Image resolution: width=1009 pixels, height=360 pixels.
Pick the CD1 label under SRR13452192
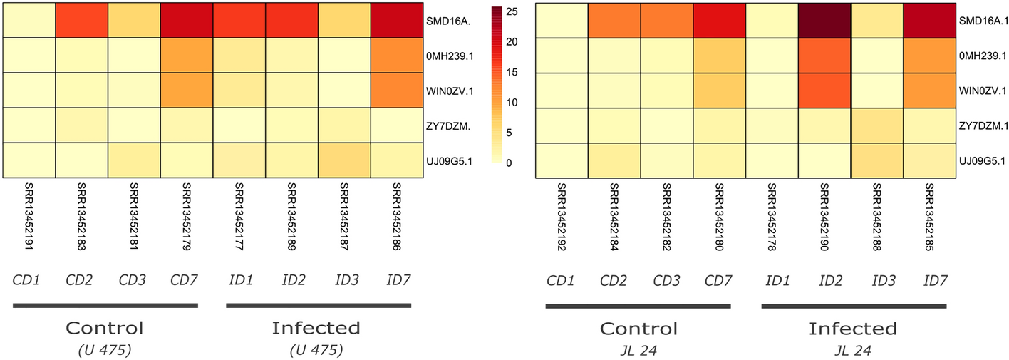click(x=560, y=279)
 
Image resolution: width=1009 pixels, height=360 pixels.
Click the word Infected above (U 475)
click(x=316, y=328)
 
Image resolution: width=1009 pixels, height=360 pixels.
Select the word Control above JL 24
click(x=638, y=329)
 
